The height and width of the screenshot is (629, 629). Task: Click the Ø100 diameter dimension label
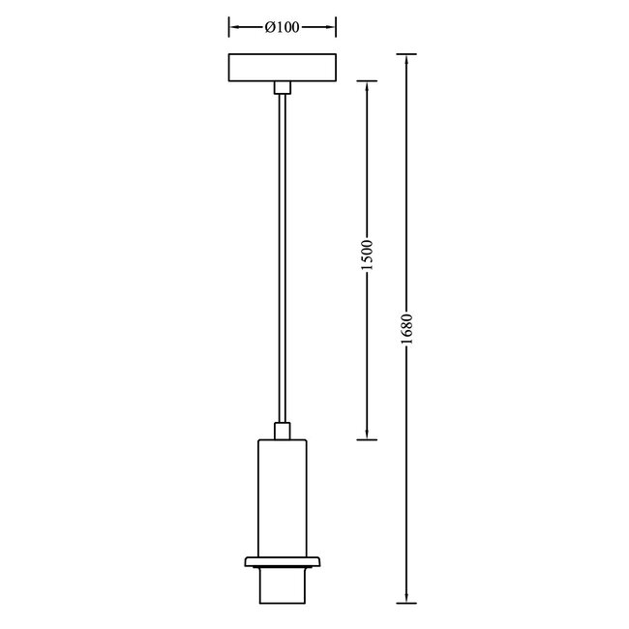click(281, 27)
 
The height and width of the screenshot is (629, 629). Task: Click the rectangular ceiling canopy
click(282, 68)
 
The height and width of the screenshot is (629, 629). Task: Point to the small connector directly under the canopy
click(282, 89)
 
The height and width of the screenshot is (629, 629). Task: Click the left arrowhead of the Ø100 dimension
click(232, 27)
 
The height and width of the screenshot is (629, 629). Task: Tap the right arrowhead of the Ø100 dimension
click(331, 27)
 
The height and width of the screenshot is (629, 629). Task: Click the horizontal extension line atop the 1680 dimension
click(407, 53)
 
